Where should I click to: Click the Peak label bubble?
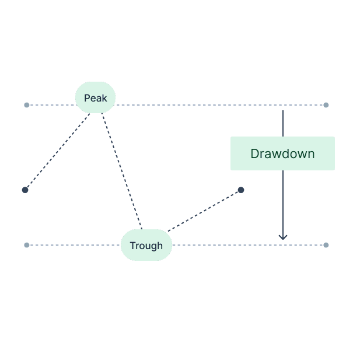95,97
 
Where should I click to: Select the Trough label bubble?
146,245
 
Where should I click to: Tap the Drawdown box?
282,153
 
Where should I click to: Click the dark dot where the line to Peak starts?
25,190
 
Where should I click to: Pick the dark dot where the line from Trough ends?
241,190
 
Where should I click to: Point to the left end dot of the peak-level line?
26,105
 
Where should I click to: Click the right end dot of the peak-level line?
326,105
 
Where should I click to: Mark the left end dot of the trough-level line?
26,245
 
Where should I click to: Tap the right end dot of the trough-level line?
326,245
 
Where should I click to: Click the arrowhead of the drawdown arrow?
283,236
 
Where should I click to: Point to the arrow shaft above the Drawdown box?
283,123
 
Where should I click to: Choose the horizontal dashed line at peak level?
204,105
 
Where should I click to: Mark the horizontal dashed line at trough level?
233,245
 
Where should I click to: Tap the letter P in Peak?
87,98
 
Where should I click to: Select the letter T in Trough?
132,246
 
